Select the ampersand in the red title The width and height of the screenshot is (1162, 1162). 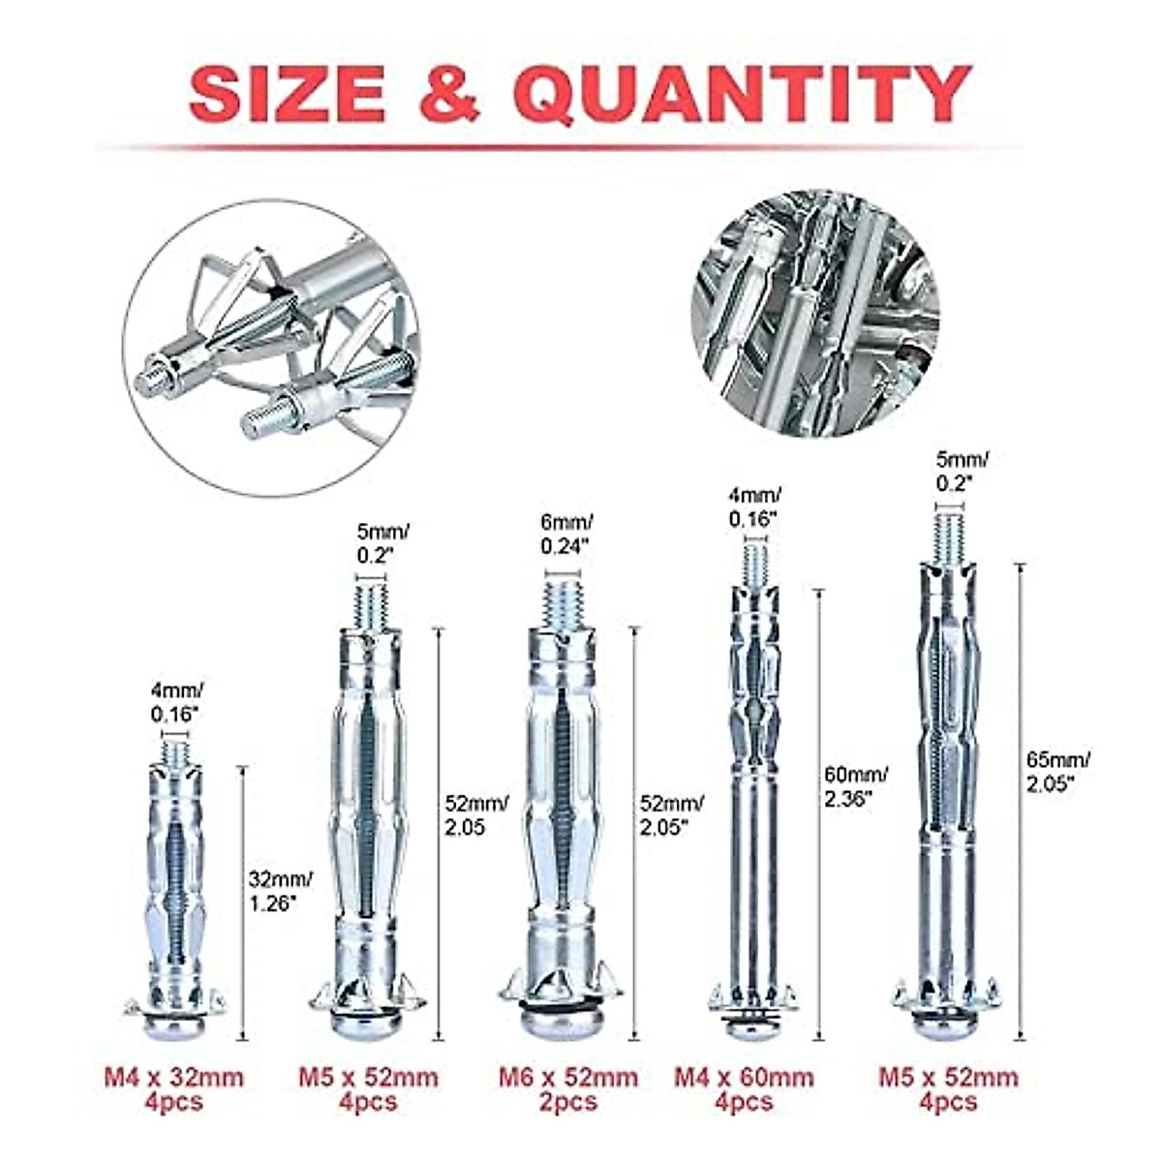pyautogui.click(x=448, y=95)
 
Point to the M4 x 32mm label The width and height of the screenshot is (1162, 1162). pyautogui.click(x=174, y=1078)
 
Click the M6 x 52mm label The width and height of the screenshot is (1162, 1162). pyautogui.click(x=568, y=1078)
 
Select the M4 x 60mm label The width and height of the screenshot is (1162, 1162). pyautogui.click(x=744, y=1078)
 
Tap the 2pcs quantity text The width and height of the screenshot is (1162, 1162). pyautogui.click(x=568, y=1102)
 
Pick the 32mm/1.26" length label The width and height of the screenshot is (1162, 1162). pyautogui.click(x=281, y=892)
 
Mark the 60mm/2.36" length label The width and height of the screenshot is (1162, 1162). pyautogui.click(x=855, y=785)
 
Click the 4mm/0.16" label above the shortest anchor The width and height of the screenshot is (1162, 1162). pyautogui.click(x=175, y=702)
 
